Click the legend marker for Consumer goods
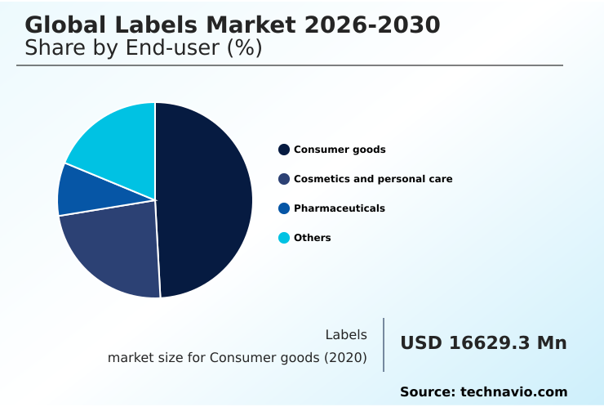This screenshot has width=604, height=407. tap(284, 150)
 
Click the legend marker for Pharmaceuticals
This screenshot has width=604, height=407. tap(284, 208)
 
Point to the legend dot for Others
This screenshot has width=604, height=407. tap(284, 238)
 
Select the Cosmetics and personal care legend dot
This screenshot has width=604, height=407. tap(284, 179)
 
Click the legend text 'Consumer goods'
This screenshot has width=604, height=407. tap(340, 150)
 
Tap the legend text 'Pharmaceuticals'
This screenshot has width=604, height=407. tap(340, 208)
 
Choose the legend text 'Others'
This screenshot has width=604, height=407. tap(313, 238)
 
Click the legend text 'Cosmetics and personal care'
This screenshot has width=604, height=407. tap(373, 179)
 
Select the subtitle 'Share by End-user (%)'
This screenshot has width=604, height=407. tap(144, 48)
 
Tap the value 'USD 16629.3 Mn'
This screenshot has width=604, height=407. tap(483, 343)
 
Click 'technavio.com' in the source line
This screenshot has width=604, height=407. tap(513, 392)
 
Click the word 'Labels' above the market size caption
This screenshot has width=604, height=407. tap(346, 335)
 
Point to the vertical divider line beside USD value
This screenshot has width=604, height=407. tap(384, 345)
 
